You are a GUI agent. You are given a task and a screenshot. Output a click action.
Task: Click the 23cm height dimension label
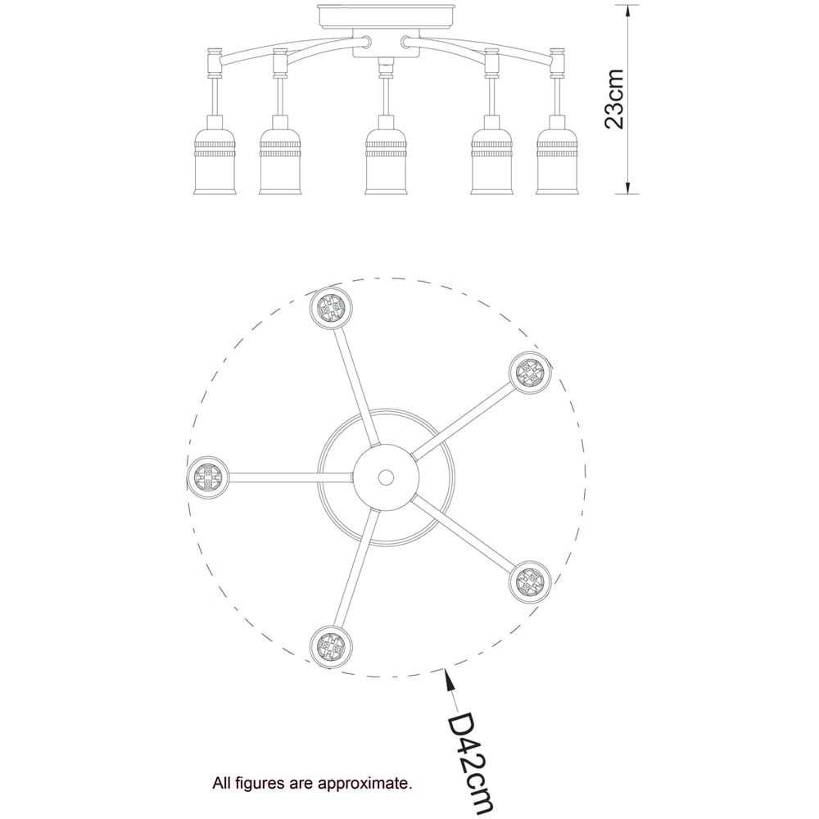[x=614, y=99]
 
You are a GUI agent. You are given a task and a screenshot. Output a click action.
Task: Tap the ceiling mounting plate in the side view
[x=387, y=16]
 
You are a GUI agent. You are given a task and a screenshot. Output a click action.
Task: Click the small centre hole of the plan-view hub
[x=387, y=477]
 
